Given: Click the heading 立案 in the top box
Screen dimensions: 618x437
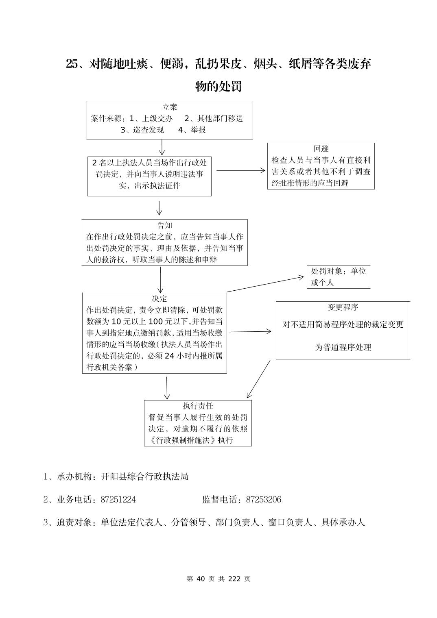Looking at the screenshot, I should pos(170,107).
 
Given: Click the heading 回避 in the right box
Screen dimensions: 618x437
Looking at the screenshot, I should pos(321,149).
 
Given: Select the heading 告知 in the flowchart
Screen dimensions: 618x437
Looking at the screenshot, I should pos(165,225).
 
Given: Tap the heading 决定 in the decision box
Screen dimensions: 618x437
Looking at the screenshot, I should pos(160,299).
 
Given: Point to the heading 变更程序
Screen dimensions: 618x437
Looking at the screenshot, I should pos(343,307).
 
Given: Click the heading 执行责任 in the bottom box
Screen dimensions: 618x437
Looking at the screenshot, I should pos(198,406).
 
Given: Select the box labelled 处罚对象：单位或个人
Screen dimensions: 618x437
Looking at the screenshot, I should pos(338,277).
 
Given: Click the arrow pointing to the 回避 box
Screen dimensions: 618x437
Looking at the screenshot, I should pos(240,171).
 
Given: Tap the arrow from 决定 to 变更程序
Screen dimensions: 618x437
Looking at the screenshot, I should pos(250,332).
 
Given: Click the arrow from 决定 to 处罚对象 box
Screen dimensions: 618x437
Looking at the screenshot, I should pos(265,284).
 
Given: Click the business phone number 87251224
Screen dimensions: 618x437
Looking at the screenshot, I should pos(118,500).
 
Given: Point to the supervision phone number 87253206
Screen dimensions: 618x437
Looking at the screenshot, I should pos(264,500).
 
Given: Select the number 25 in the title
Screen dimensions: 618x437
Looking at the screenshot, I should pos(71,64).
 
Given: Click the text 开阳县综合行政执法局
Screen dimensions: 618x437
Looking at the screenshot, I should pos(144,477).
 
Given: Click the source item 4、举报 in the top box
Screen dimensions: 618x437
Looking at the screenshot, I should pos(192,130).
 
